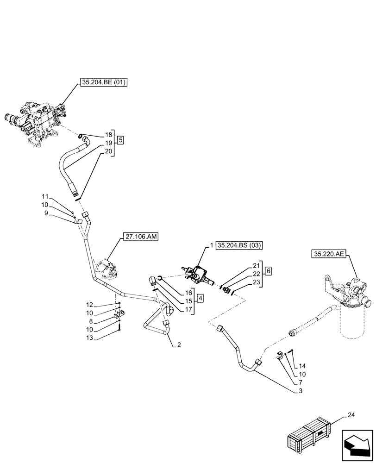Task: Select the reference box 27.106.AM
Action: (141, 237)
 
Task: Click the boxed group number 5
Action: (120, 140)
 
